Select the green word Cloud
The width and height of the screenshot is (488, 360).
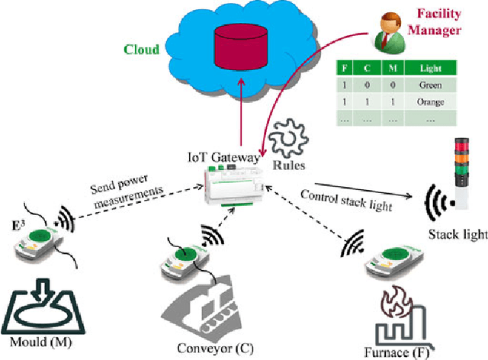141,50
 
